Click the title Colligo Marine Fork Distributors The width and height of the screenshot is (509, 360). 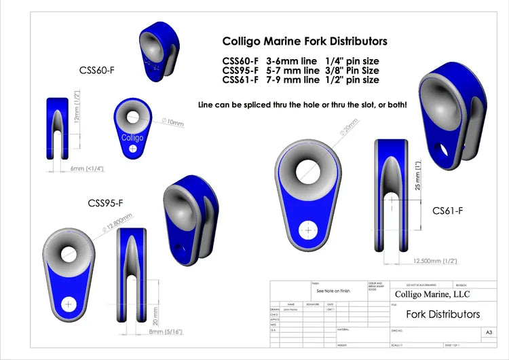305,41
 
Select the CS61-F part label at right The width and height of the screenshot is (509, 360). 448,211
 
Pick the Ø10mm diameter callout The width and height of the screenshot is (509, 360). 172,122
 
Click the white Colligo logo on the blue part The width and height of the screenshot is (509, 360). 132,137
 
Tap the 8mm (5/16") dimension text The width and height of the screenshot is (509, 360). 164,332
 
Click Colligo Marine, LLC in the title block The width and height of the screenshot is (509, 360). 432,295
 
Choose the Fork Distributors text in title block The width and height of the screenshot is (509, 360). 442,314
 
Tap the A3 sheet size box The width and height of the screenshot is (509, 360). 489,332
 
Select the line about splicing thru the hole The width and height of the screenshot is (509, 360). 302,105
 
